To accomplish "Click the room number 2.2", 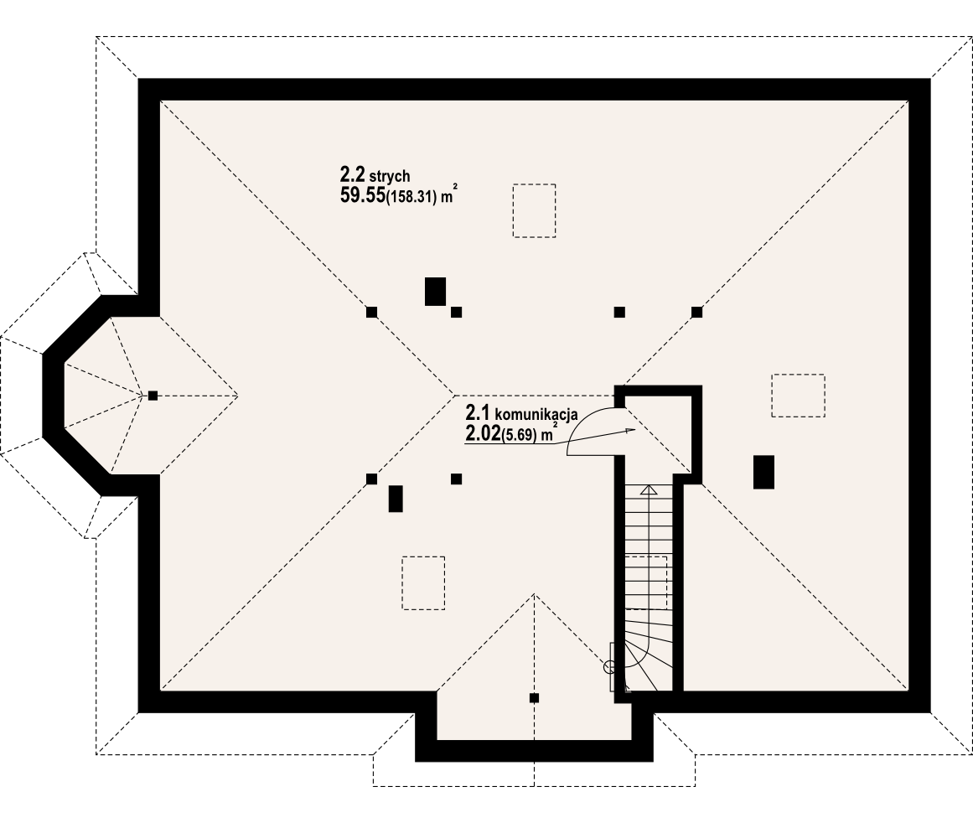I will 351,174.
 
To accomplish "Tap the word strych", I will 389,176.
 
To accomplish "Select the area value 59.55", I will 361,196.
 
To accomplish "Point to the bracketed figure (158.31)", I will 412,199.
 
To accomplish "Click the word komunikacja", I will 536,414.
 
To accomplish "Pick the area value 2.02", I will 482,433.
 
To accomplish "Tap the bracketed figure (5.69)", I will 520,435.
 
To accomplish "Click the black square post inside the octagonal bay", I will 153,396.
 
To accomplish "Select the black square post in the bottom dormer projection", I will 534,698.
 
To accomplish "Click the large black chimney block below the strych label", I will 435,291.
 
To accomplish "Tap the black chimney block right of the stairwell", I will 763,472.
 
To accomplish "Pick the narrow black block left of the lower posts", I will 396,499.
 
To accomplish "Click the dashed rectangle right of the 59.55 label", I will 534,210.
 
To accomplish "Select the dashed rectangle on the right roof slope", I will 798,396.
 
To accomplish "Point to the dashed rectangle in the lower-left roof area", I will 423,582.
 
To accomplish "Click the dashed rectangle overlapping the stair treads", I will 646,582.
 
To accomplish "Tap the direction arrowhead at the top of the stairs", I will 647,490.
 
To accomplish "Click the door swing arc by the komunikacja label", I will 587,427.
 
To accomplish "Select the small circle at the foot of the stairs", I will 609,667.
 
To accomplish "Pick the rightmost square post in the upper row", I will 696,312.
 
